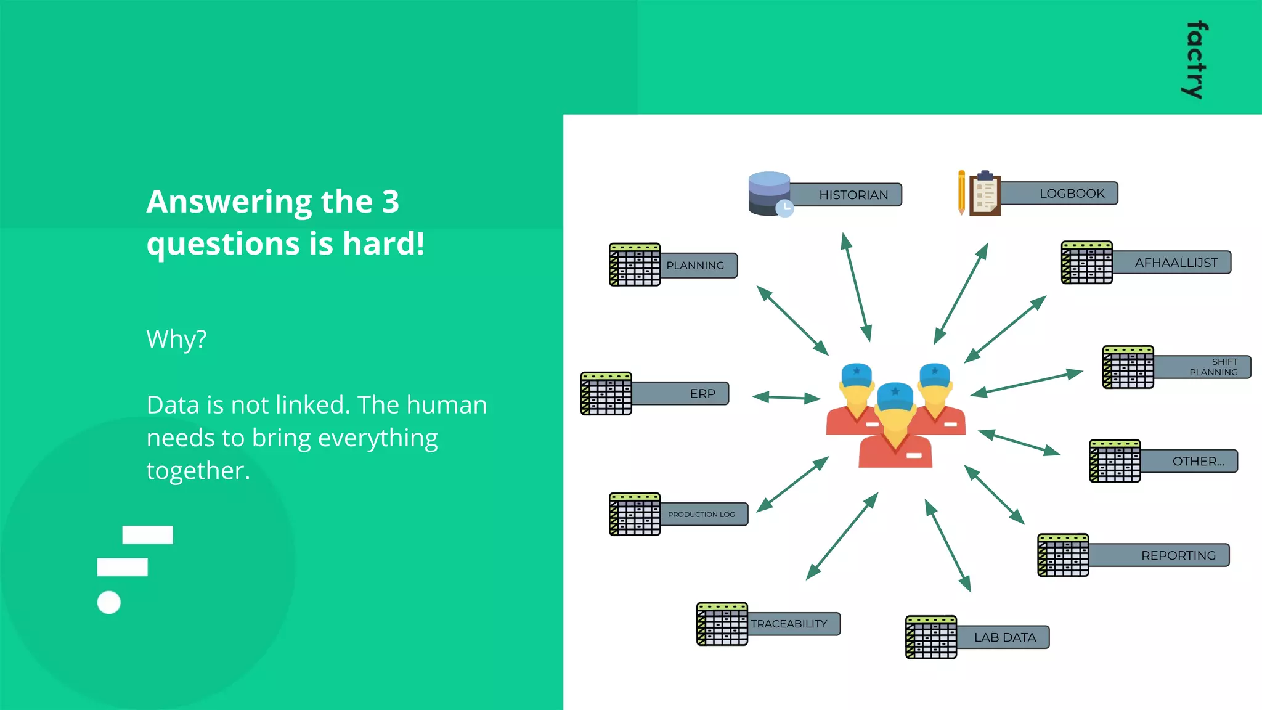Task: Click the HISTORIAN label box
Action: (853, 195)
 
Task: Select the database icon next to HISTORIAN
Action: (769, 194)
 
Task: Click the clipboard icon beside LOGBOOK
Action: (985, 194)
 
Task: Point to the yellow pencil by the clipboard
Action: (961, 192)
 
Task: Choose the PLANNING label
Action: (695, 266)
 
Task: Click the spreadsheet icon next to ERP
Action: (606, 393)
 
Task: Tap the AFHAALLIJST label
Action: (1176, 263)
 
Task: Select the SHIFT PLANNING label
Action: (1213, 367)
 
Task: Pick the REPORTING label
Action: (1178, 555)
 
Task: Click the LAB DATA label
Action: (1004, 637)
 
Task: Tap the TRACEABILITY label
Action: (789, 624)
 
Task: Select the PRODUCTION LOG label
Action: (701, 514)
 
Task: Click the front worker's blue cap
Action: (895, 396)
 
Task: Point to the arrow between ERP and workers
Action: (786, 398)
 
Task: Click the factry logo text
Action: (1195, 60)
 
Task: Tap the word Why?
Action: (176, 339)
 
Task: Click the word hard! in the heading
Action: (383, 243)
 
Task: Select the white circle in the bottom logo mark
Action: (109, 602)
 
